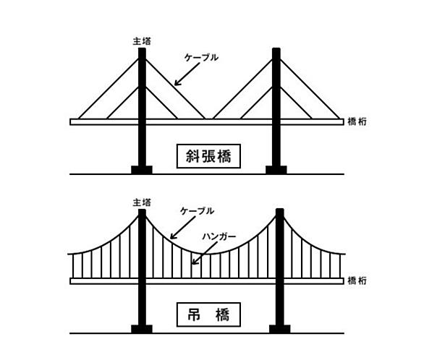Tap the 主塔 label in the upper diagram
pos(142,41)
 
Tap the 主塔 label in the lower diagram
pos(142,202)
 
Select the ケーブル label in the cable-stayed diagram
pos(201,58)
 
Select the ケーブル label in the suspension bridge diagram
pos(197,211)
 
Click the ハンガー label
pos(219,236)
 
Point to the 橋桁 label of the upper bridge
pos(357,121)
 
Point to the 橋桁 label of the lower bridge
pos(357,281)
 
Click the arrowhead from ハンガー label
pos(193,262)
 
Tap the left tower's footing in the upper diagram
pos(142,170)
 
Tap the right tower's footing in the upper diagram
pos(276,170)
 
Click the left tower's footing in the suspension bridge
pos(142,329)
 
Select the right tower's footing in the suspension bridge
pos(280,329)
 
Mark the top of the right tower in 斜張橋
pos(276,48)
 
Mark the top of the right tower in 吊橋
pos(280,209)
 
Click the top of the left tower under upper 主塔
pos(142,48)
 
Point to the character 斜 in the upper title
pos(192,156)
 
